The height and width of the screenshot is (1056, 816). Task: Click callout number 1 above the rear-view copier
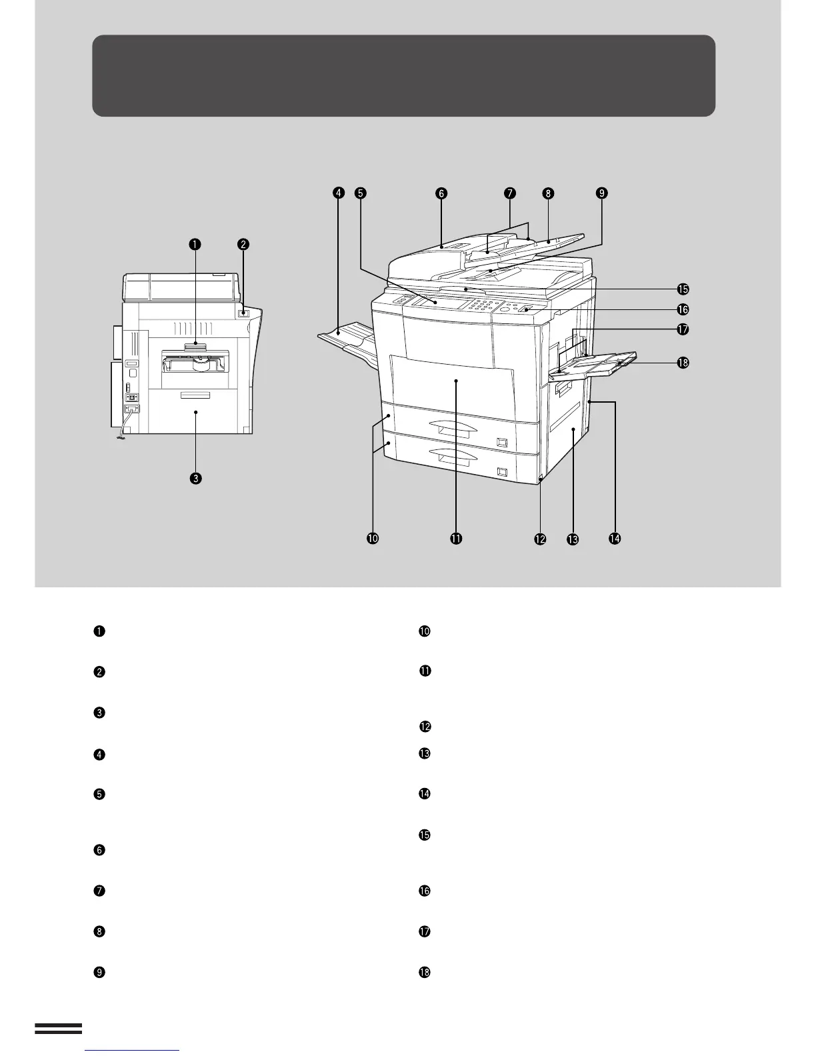[x=194, y=245]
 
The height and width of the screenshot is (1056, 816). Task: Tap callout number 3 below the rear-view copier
[x=195, y=478]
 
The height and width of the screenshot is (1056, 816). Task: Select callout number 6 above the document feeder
[x=441, y=193]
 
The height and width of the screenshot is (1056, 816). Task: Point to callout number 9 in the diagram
[x=601, y=193]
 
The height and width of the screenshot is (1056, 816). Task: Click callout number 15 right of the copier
[x=683, y=289]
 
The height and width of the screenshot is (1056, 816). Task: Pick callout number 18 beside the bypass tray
[x=683, y=363]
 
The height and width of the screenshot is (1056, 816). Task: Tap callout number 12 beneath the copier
[x=539, y=539]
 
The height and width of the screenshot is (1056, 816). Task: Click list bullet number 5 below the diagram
[x=99, y=795]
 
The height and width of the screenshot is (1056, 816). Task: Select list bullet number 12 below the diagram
[x=425, y=727]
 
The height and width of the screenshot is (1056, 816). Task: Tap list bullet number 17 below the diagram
[x=425, y=932]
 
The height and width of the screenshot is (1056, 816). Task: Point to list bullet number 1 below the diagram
[x=99, y=631]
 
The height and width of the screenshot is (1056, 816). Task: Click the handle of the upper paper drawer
[x=454, y=427]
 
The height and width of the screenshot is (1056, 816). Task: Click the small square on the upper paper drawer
[x=502, y=442]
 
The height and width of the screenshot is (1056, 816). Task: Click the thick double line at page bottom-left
[x=58, y=1029]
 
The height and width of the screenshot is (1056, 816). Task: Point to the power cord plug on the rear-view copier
[x=121, y=437]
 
